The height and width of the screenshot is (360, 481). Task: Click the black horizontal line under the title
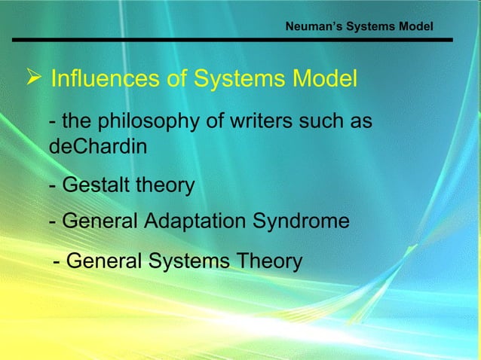point(233,39)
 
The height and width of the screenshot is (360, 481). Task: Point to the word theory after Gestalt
point(164,185)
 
